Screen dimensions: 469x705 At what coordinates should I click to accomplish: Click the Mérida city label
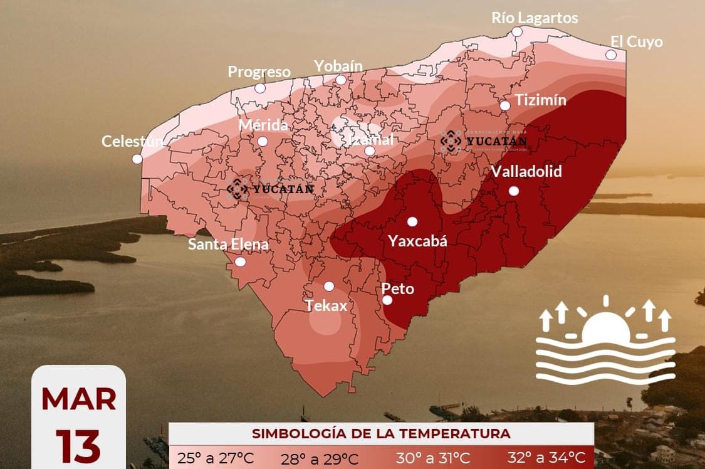[263, 125]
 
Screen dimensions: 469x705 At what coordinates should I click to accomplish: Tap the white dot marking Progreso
[260, 88]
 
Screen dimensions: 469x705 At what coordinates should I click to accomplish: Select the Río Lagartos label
[535, 18]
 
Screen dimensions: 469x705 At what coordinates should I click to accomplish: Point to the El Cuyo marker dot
[611, 55]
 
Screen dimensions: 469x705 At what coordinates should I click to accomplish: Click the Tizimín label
[540, 100]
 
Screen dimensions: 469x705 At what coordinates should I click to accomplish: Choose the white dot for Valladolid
[514, 191]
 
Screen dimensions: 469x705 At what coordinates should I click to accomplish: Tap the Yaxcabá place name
[417, 240]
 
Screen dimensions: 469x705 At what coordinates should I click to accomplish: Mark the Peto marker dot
[387, 300]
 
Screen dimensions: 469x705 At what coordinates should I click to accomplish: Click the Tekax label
[326, 305]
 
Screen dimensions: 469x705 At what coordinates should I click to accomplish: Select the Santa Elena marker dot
[240, 262]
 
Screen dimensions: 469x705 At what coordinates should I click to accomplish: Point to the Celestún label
[132, 141]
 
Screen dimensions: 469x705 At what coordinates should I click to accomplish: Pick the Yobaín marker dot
[341, 80]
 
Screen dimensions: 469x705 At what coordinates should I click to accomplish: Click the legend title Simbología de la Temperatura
[381, 433]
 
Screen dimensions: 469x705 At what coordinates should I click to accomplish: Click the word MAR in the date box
[79, 399]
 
